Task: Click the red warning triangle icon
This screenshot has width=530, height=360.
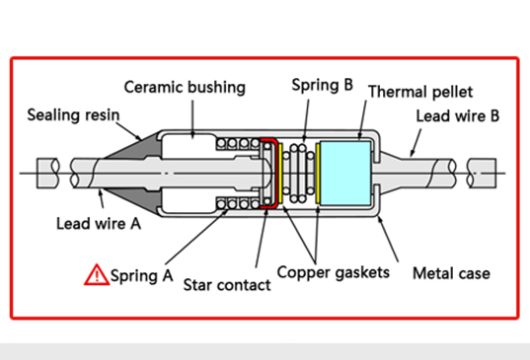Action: point(97,275)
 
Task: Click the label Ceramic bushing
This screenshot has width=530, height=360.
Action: point(185,88)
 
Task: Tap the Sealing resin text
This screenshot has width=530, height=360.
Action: point(73,114)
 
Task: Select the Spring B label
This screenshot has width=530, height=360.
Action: point(322,85)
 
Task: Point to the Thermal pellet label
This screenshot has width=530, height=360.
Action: point(420,92)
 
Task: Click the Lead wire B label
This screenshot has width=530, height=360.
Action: point(457,115)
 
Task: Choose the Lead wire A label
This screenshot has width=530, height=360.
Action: point(99,224)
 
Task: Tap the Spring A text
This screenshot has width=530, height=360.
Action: point(141,276)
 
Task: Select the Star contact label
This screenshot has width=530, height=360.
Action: point(227,285)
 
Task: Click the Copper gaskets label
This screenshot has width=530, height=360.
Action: point(334,272)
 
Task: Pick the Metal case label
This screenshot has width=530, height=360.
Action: point(451,273)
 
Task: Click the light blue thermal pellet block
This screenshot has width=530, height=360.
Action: point(345,174)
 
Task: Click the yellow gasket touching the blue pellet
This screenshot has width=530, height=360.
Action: point(318,174)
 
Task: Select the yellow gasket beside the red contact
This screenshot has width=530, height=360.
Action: point(280,174)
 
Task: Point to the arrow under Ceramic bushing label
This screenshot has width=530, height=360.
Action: point(192,119)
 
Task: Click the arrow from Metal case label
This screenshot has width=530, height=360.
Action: point(388,239)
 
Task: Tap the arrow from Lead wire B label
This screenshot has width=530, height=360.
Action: point(416,143)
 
